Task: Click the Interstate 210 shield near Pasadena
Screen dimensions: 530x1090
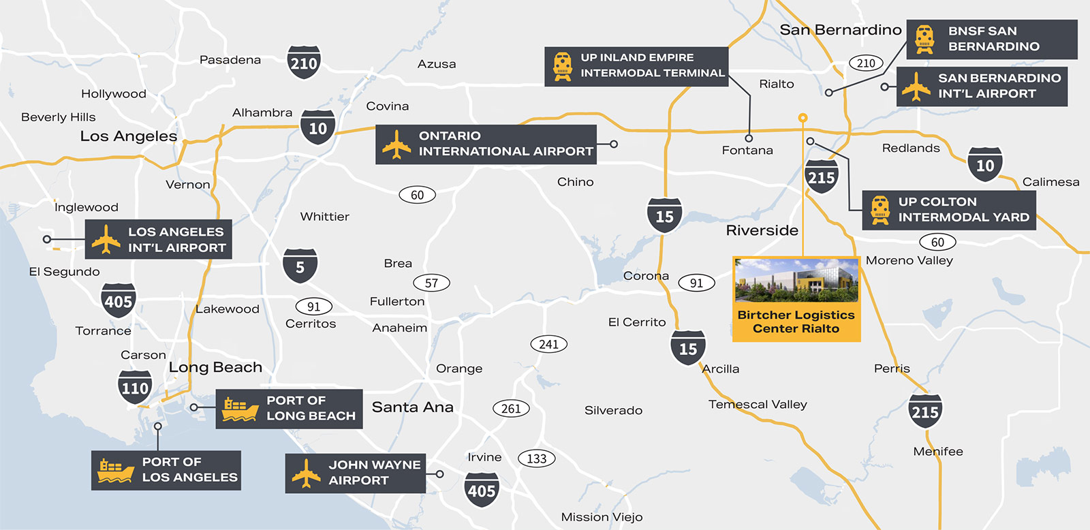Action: coord(304,63)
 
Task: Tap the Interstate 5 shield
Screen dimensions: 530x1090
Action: coord(300,266)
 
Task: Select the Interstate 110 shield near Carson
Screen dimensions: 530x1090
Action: coord(135,388)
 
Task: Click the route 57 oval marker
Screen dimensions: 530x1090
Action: coord(431,283)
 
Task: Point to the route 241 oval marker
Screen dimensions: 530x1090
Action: coord(548,344)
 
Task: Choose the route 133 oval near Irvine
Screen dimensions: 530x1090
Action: coord(537,458)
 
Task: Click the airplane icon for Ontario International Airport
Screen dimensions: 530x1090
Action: coord(396,144)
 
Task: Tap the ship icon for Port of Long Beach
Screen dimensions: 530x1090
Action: coord(240,409)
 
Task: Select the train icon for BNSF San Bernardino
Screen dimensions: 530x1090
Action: coord(924,39)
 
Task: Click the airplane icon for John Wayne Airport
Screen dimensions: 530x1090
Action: coord(306,473)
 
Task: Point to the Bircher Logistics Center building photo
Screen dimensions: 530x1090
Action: coord(796,281)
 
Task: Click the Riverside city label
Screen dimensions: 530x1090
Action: coord(762,230)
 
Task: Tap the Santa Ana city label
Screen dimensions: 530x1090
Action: coord(412,407)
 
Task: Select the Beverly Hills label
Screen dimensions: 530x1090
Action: coord(59,117)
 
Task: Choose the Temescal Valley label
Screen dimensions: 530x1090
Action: coord(758,404)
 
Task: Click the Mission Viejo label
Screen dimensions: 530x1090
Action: coord(602,517)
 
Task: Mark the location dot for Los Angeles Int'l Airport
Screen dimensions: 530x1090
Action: coord(47,239)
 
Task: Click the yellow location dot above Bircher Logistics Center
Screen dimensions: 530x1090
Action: coord(803,118)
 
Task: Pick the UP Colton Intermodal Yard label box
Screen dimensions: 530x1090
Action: coord(949,210)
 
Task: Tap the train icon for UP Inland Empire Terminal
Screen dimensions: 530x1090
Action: coord(563,66)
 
